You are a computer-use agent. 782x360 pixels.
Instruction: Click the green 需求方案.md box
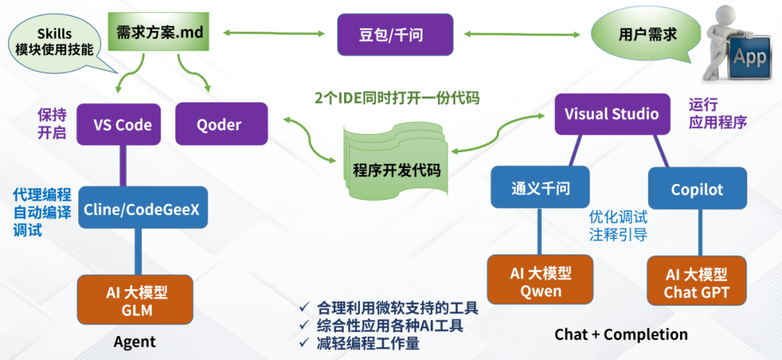pos(160,33)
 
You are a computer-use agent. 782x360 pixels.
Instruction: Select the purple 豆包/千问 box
pos(395,35)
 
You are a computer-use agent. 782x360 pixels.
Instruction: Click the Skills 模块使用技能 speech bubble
pos(55,40)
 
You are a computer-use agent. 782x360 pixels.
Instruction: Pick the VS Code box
pos(122,125)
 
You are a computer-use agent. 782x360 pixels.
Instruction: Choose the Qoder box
pos(219,125)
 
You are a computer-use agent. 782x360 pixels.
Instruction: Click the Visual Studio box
pos(612,114)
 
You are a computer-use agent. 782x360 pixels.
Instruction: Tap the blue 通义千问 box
pos(540,189)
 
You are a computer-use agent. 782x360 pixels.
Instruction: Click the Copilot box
pos(697,189)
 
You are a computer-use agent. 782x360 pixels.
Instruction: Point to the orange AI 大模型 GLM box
pos(135,299)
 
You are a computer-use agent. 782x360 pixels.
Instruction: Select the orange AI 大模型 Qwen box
pos(540,282)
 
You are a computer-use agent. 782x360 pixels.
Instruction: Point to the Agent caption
pos(135,341)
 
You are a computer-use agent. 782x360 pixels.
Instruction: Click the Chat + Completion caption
pos(621,334)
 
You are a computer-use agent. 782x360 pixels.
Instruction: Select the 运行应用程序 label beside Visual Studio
pos(717,114)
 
